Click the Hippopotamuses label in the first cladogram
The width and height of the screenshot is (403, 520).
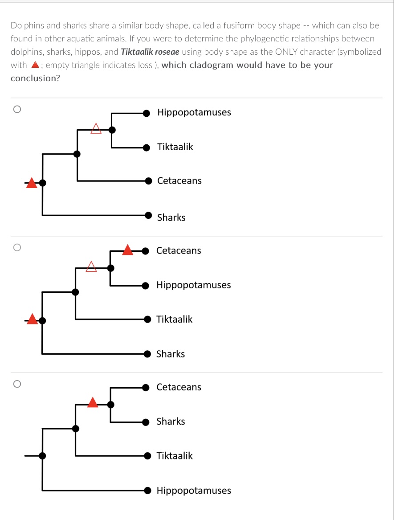click(194, 112)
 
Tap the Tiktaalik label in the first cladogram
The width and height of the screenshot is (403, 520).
click(175, 147)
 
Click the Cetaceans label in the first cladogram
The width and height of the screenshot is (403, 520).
click(179, 181)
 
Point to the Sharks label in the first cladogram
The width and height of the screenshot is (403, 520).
click(171, 218)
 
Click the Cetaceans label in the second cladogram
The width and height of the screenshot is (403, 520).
click(179, 251)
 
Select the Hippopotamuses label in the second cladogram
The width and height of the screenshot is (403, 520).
click(194, 285)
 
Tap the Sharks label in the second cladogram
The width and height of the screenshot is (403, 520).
click(171, 354)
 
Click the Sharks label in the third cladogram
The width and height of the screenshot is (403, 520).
click(171, 422)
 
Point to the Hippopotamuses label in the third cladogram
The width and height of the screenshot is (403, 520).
click(194, 491)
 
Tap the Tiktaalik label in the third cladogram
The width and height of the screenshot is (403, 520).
click(175, 456)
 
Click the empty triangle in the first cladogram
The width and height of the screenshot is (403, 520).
click(96, 129)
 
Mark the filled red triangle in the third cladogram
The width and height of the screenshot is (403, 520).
click(93, 402)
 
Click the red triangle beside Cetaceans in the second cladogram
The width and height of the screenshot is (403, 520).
click(128, 250)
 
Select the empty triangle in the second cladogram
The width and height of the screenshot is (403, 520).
click(91, 266)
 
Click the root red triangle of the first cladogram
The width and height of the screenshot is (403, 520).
click(31, 183)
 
